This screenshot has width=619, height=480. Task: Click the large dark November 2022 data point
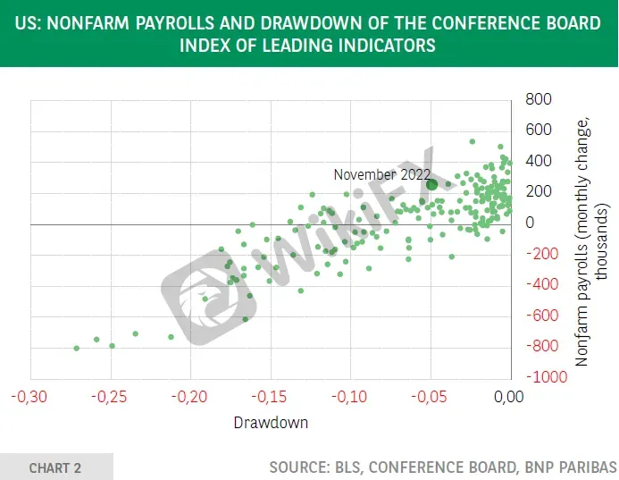432,184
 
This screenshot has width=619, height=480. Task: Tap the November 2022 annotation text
381,174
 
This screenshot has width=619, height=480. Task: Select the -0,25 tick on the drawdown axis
109,397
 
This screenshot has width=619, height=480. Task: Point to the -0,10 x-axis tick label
349,397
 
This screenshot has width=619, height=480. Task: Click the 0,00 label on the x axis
509,397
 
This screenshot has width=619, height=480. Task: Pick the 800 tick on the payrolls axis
539,99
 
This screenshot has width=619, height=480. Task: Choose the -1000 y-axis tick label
548,377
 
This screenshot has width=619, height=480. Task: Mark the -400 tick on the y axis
543,284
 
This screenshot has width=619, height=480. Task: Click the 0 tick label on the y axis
531,223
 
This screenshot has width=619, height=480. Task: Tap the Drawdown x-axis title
271,423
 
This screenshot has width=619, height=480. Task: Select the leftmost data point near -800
77,348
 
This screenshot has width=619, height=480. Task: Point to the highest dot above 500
473,141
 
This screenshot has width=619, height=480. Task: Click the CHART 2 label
54,468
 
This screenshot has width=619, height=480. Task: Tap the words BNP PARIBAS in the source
571,467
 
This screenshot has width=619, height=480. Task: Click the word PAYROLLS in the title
175,23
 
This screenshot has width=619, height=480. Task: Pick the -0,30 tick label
29,397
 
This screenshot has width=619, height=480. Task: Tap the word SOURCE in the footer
299,467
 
